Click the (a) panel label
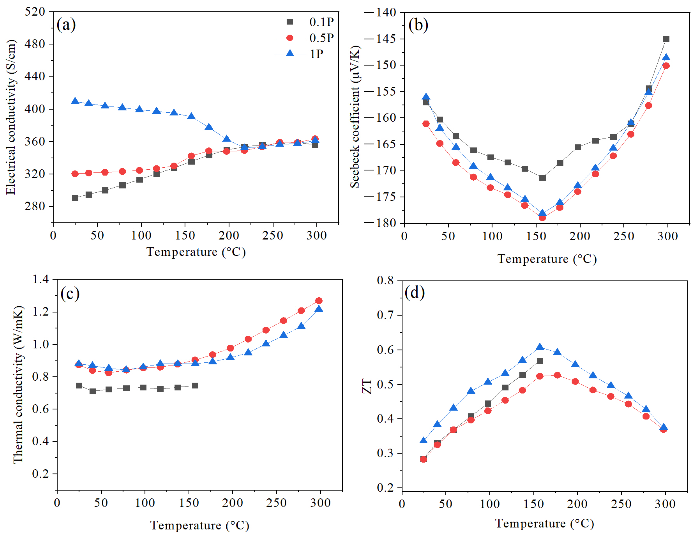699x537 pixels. tap(66, 25)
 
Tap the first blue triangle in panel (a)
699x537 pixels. tap(75, 101)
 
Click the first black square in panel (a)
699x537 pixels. tap(75, 198)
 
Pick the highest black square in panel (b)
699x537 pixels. tap(666, 39)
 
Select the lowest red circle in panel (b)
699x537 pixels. tap(542, 218)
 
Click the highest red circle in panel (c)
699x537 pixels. tap(319, 300)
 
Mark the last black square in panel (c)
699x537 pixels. tap(195, 385)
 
